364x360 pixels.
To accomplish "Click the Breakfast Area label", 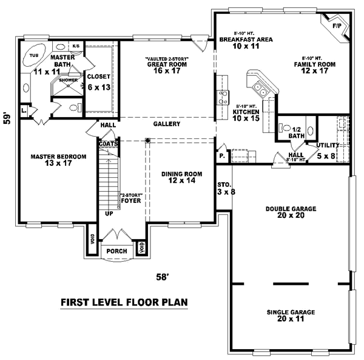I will click(x=246, y=39).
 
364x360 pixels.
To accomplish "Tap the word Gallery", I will click(x=167, y=124).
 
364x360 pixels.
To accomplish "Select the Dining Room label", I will click(x=177, y=174).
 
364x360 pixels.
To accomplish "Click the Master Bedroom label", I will click(x=58, y=157).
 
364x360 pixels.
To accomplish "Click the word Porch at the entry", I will click(x=116, y=251).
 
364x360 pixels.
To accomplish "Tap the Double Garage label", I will click(x=291, y=209).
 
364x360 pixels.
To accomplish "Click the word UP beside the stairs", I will click(x=109, y=214).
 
